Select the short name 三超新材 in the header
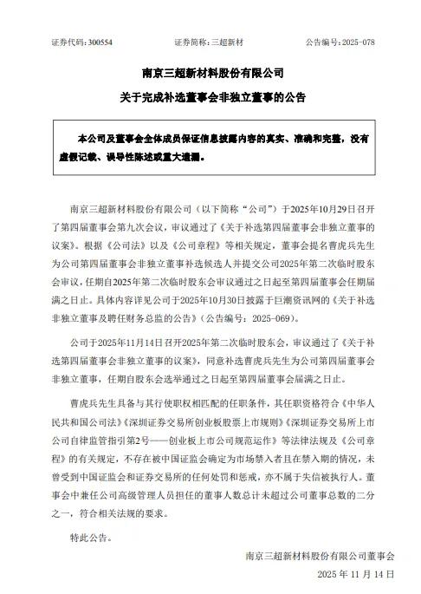[x=229, y=42]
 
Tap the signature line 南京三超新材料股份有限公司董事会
[x=320, y=554]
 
